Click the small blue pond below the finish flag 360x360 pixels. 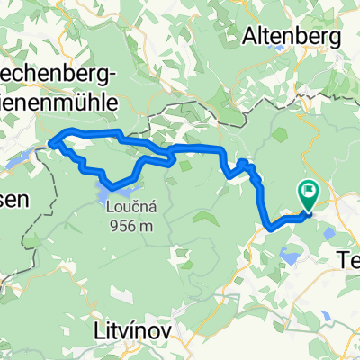(x=291, y=257)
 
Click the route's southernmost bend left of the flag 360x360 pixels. (x=270, y=229)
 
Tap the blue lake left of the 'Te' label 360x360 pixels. (x=320, y=271)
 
